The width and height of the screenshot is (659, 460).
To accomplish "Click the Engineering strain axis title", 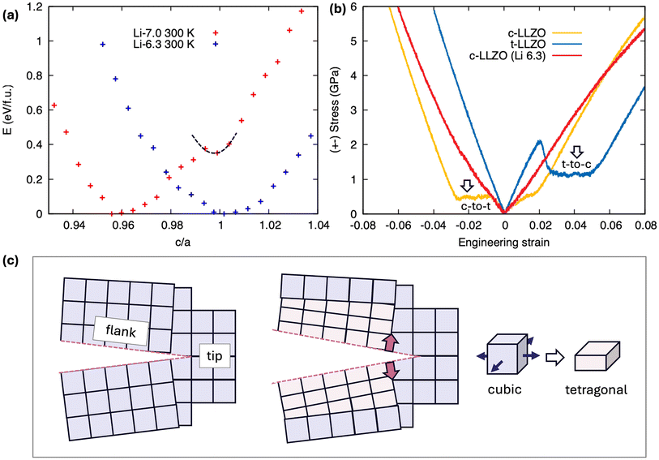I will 503,242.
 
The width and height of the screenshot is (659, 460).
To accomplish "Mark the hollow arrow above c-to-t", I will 467,187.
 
